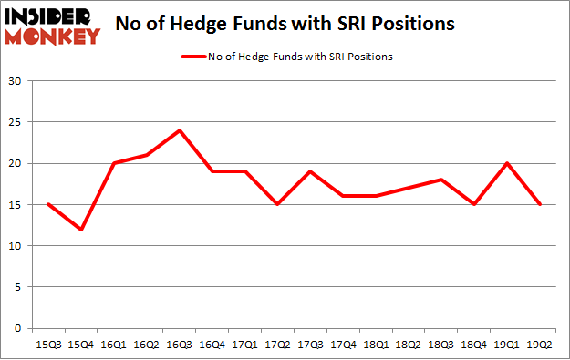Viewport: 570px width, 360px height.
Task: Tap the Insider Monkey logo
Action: [52, 26]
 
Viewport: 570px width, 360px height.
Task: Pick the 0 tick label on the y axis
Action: [17, 328]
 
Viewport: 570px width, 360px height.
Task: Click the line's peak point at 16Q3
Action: [180, 130]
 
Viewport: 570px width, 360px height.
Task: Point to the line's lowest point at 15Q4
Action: [80, 229]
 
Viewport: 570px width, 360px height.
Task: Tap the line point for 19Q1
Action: [508, 163]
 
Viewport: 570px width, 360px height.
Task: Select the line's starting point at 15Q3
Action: [47, 204]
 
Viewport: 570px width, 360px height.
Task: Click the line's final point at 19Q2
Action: [541, 204]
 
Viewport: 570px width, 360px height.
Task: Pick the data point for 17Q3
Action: [311, 171]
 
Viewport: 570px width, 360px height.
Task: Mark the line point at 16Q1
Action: [114, 163]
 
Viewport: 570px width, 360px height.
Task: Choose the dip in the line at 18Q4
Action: [475, 204]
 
